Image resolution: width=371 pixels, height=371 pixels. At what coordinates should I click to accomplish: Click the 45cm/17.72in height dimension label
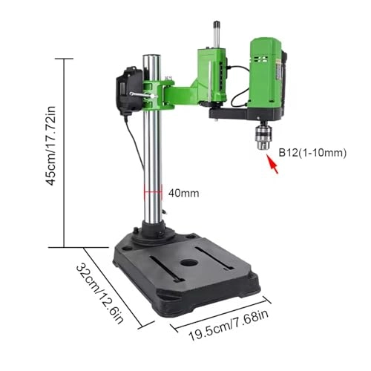52,145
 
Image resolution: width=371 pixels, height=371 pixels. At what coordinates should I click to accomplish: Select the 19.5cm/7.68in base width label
229,325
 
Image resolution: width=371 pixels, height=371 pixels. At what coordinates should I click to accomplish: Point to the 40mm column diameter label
183,193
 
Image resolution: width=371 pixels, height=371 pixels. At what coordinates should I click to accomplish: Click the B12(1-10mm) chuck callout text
312,153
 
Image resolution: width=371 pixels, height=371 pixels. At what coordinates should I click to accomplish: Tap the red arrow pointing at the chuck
272,164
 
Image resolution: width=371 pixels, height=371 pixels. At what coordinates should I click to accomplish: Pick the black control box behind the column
129,91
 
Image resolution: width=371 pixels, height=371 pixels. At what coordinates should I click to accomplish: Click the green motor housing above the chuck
266,74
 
